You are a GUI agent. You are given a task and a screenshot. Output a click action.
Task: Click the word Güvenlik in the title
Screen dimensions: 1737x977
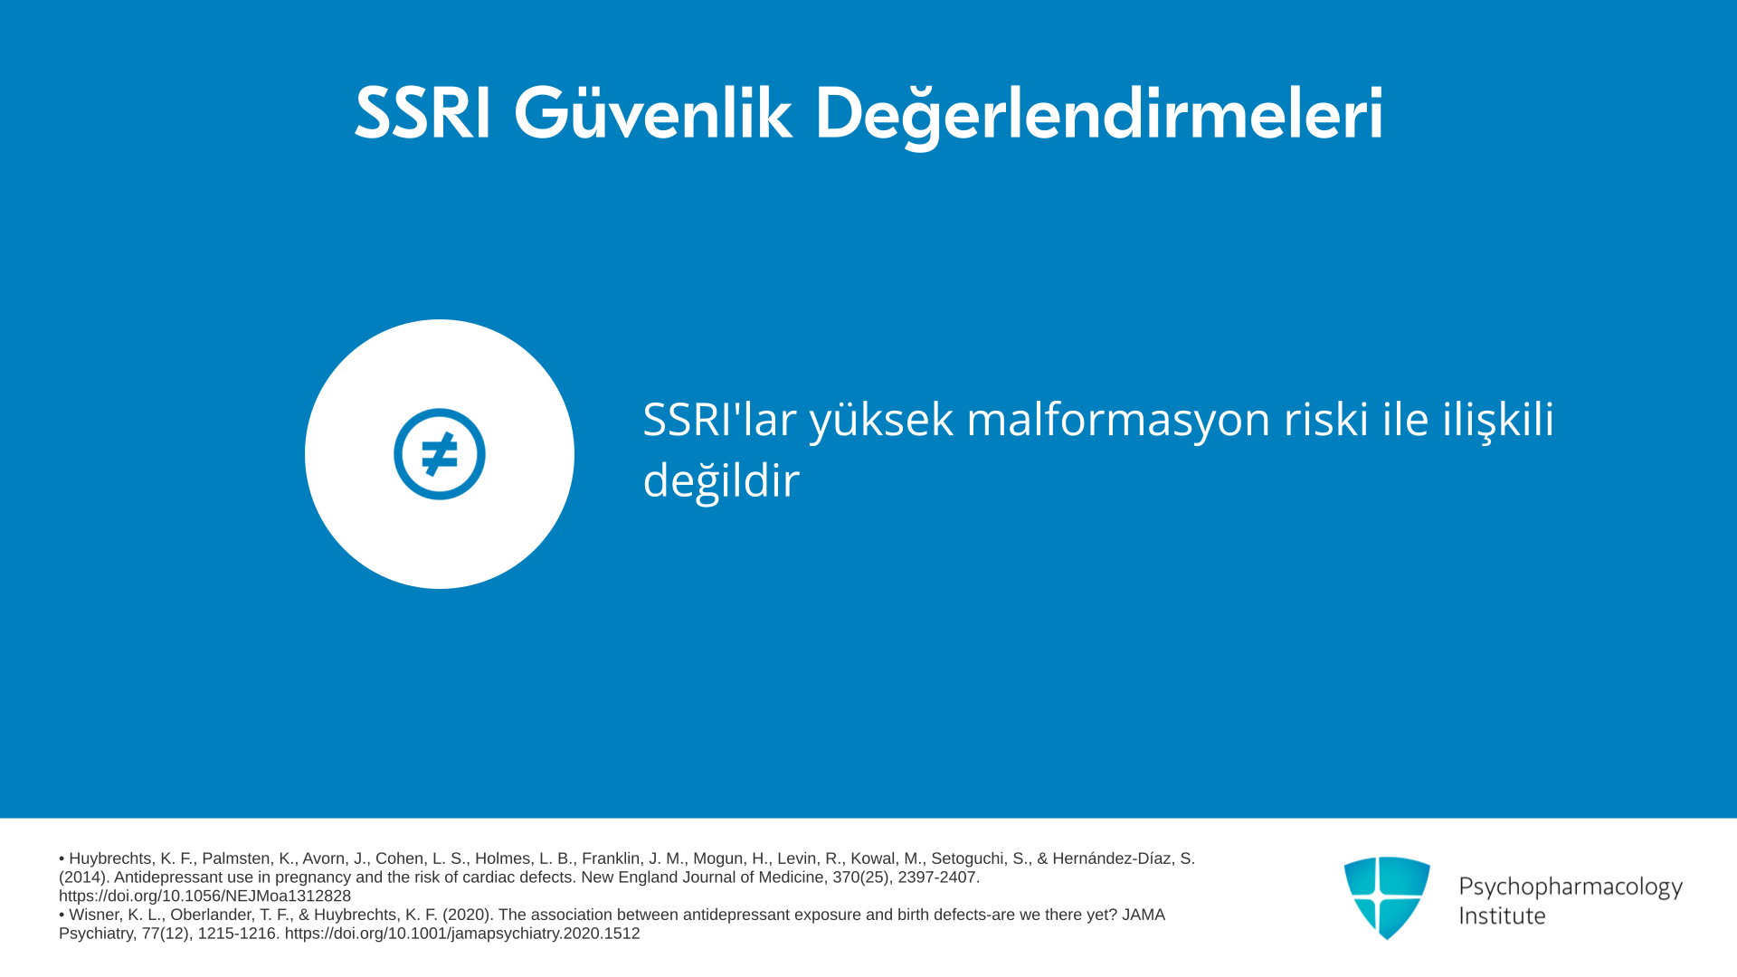[652, 114]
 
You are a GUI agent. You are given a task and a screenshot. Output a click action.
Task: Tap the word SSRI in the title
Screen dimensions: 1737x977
[422, 114]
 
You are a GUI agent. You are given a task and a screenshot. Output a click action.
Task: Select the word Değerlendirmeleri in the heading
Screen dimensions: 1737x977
[1099, 116]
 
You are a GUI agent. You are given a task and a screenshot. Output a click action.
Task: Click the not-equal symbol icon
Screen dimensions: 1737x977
[440, 454]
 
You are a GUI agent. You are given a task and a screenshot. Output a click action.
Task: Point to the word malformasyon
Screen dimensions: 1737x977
[1118, 419]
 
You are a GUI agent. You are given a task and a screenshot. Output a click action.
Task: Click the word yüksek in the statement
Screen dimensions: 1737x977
[881, 421]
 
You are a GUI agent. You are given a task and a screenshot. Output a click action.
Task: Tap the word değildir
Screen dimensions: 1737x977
[721, 480]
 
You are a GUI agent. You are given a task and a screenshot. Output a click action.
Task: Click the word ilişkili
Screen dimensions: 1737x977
[1498, 421]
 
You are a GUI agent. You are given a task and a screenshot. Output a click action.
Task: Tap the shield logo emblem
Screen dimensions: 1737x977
[1387, 897]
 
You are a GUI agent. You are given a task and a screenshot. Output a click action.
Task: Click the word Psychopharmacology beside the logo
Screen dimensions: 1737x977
[1571, 887]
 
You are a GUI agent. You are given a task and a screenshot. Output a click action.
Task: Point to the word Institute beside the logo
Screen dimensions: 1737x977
[1502, 915]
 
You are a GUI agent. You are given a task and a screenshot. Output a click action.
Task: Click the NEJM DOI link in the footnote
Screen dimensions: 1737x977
[204, 896]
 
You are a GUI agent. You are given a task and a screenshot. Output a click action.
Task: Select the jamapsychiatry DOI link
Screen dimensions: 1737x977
[462, 934]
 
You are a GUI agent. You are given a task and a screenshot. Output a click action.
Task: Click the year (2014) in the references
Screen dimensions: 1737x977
[84, 877]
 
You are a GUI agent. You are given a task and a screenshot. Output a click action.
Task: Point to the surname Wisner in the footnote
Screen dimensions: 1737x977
[96, 915]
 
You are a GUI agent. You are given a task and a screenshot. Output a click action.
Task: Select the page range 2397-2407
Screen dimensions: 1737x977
[938, 877]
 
